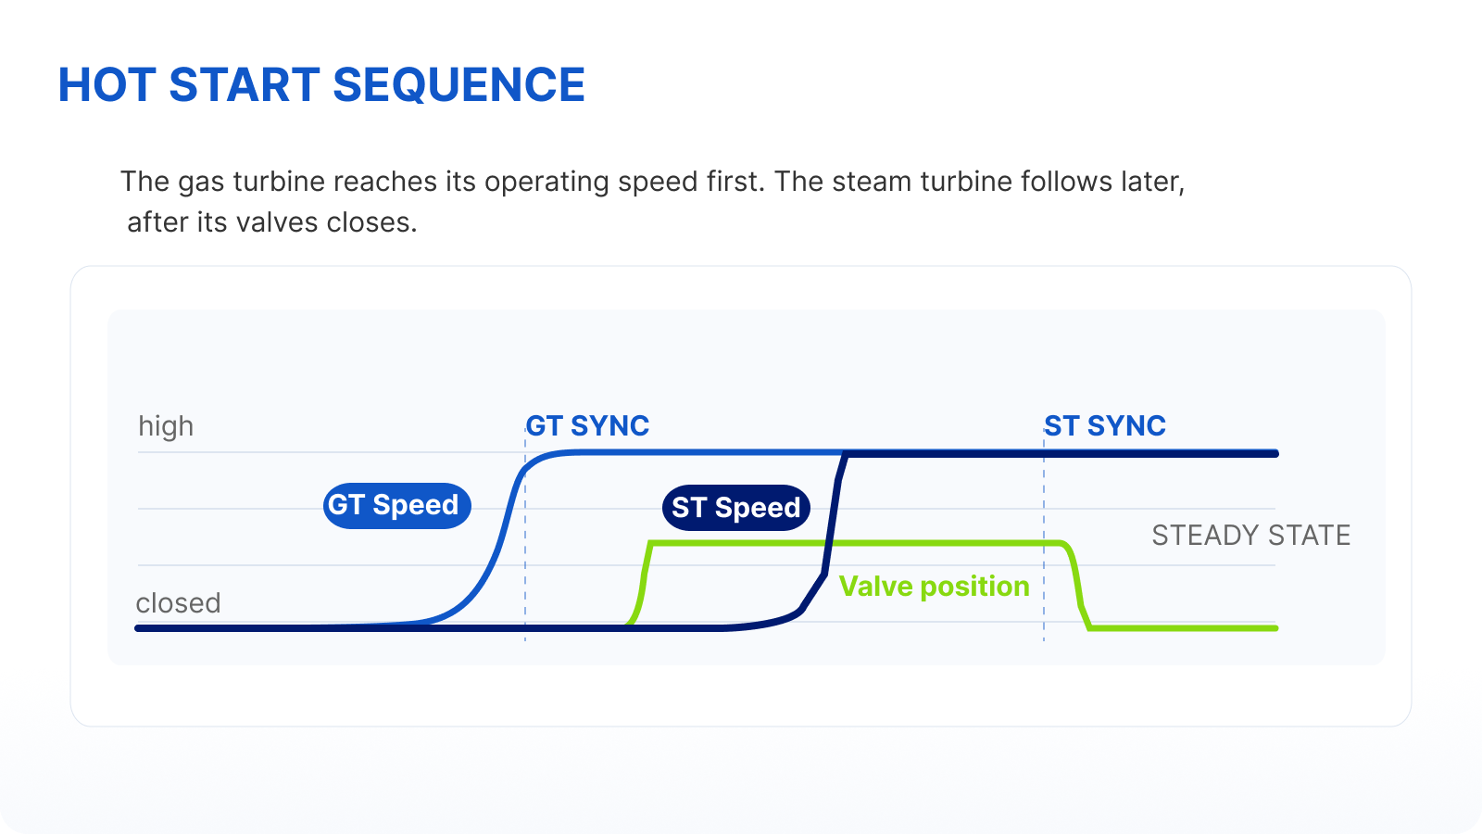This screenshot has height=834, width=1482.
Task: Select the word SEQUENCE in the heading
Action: pyautogui.click(x=458, y=85)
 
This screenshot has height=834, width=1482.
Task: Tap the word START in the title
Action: pyautogui.click(x=245, y=84)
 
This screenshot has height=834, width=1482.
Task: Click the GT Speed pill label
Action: pyautogui.click(x=397, y=506)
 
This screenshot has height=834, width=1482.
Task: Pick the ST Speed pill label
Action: pyautogui.click(x=735, y=508)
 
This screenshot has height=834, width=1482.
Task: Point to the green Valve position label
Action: pyautogui.click(x=935, y=586)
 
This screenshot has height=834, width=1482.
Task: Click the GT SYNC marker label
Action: pyautogui.click(x=587, y=425)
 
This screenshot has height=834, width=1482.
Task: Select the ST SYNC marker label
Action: pyautogui.click(x=1105, y=425)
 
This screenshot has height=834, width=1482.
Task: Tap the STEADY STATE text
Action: pyautogui.click(x=1251, y=535)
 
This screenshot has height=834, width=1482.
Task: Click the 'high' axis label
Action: pyautogui.click(x=166, y=425)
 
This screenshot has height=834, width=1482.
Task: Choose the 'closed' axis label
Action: pyautogui.click(x=178, y=603)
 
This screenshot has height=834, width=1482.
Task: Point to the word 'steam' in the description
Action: pyautogui.click(x=871, y=182)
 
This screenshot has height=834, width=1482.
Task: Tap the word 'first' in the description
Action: pyautogui.click(x=735, y=182)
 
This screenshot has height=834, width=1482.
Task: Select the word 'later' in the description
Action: pyautogui.click(x=1152, y=182)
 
